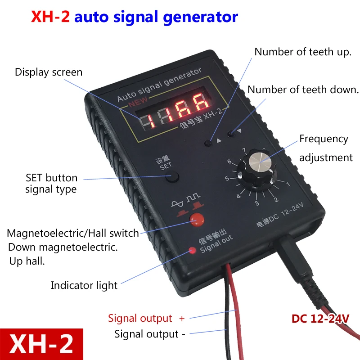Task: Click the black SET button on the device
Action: click(171, 177)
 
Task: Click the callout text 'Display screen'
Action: click(49, 72)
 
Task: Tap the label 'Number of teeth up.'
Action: click(303, 52)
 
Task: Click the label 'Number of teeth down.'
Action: click(303, 89)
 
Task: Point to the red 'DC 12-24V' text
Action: click(320, 319)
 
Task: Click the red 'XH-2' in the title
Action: click(50, 17)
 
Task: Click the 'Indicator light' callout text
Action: click(84, 285)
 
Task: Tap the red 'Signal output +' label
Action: click(146, 319)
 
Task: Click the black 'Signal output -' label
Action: click(150, 334)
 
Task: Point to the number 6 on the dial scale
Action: click(229, 162)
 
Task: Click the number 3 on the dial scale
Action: click(257, 203)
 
